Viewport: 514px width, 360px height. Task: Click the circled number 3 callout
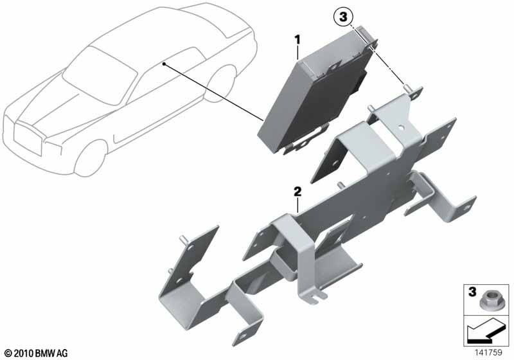[343, 17]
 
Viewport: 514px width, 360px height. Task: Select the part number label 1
[297, 40]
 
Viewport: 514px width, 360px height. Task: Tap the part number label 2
[297, 192]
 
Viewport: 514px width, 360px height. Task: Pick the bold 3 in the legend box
[472, 291]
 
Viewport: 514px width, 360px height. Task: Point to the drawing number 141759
[488, 352]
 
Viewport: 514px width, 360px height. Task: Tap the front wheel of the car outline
[91, 158]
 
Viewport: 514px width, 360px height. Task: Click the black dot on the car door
[163, 64]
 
